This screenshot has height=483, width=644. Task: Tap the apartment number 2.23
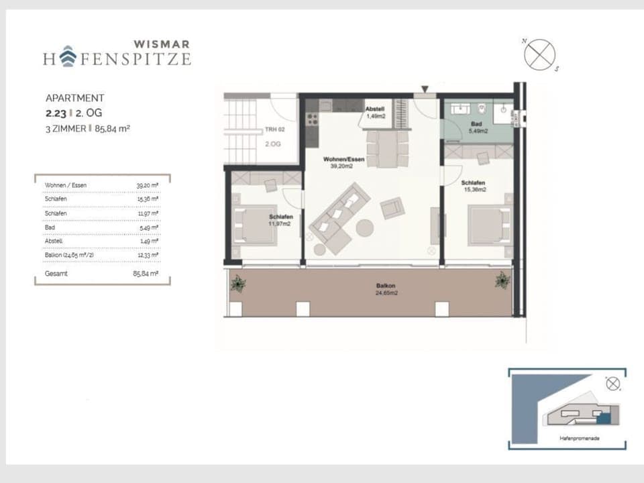coord(56,113)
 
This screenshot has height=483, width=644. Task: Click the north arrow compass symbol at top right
coord(539,54)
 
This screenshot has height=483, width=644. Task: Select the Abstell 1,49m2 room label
coord(375,112)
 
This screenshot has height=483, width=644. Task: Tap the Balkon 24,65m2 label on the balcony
coord(386,290)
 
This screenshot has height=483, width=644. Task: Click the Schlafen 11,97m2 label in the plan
coord(280,221)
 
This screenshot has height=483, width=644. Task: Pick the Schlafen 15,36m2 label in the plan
coord(473,186)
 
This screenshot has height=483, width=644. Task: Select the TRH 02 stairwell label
coord(271,129)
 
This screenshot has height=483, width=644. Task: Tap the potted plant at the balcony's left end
coord(238,284)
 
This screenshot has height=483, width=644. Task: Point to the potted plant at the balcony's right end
coord(502,280)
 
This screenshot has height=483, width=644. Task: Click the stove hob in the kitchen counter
coord(312,119)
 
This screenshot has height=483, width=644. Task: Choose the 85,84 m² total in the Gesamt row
coord(146,274)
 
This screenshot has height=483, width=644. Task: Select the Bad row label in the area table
coord(50,227)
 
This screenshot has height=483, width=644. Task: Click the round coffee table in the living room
coord(365,228)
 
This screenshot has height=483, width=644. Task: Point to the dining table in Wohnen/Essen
coord(386,149)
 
